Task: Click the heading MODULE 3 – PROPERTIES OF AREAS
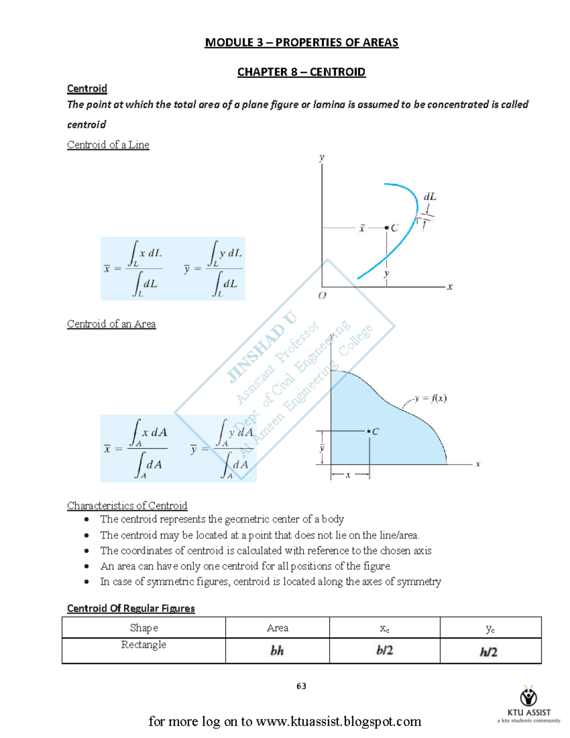click(301, 42)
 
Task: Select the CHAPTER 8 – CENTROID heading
click(301, 72)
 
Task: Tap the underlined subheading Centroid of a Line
click(108, 144)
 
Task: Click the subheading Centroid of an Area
click(111, 324)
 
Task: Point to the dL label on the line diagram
click(429, 196)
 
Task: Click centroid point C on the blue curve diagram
click(387, 228)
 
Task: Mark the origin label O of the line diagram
click(322, 296)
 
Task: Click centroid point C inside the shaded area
click(369, 431)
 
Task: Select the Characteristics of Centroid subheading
click(127, 505)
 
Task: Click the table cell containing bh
click(277, 651)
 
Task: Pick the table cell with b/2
click(384, 650)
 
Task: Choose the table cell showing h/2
click(488, 652)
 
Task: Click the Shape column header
click(143, 628)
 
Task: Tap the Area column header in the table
click(277, 628)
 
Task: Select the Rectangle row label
click(143, 644)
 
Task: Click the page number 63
click(301, 686)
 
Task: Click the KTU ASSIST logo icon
click(529, 696)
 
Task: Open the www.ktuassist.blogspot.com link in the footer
click(338, 721)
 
